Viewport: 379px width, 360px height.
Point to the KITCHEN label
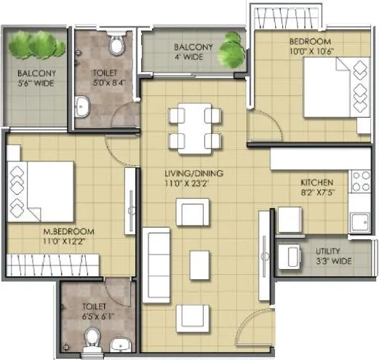[x=317, y=187]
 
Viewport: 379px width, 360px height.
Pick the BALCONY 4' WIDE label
[x=193, y=52]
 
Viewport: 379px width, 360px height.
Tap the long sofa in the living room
[x=156, y=261]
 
